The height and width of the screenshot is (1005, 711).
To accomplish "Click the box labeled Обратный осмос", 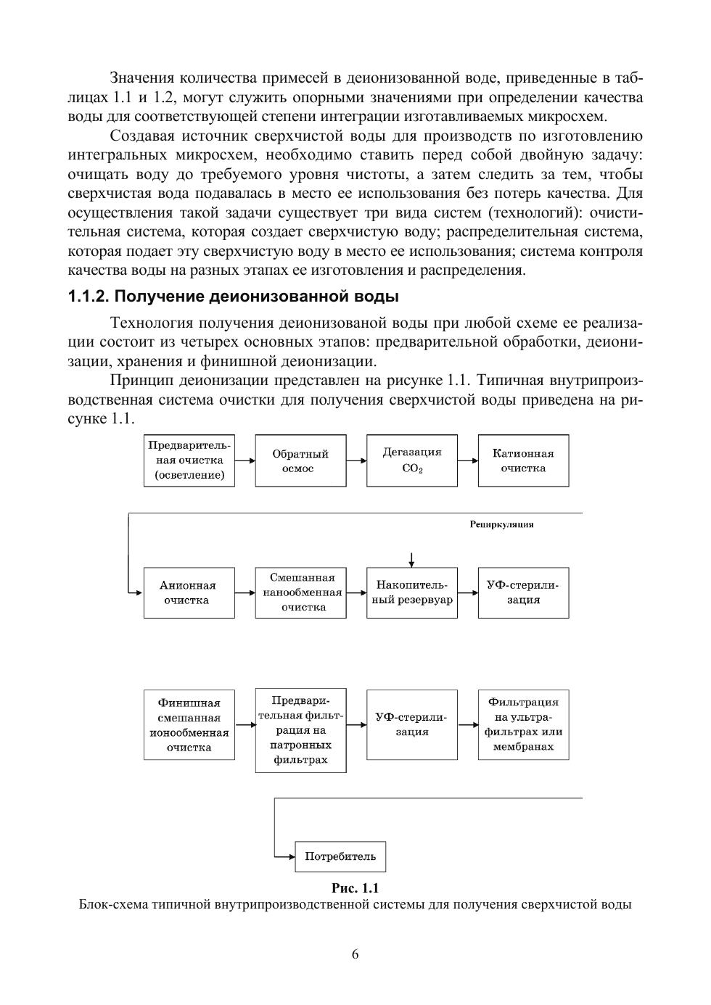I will point(300,460).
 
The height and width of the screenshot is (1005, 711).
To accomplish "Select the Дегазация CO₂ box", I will point(412,460).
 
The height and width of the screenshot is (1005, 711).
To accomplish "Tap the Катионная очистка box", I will point(523,460).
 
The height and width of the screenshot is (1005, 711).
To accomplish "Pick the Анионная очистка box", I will point(189,592).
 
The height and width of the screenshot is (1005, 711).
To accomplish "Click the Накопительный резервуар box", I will point(412,592).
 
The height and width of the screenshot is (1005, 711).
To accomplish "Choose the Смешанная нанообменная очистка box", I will point(300,592).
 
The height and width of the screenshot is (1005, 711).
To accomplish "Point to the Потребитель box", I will point(340,856).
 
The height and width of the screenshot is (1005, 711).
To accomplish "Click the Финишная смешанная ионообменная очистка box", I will point(189,724).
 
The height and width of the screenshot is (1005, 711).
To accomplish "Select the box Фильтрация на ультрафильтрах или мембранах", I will point(523,724).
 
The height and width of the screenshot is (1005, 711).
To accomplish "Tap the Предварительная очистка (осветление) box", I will point(189,460).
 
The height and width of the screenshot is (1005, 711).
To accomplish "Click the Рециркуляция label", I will point(501,524).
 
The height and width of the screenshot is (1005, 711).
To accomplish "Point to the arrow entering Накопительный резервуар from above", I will point(411,559).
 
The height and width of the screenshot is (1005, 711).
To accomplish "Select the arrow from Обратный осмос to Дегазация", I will point(356,460).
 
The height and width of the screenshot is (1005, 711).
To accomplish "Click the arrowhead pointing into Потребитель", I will point(291,856).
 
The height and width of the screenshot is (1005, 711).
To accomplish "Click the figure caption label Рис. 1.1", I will point(355,888).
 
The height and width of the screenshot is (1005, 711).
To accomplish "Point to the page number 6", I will point(355,954).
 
